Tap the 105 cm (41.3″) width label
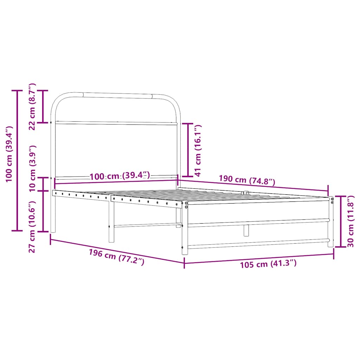268,264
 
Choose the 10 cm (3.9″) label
32,168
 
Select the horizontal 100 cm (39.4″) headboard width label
120,176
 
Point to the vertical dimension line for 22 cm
43,107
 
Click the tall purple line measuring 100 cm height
17,161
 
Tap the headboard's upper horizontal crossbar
116,123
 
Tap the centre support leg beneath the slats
246,230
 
